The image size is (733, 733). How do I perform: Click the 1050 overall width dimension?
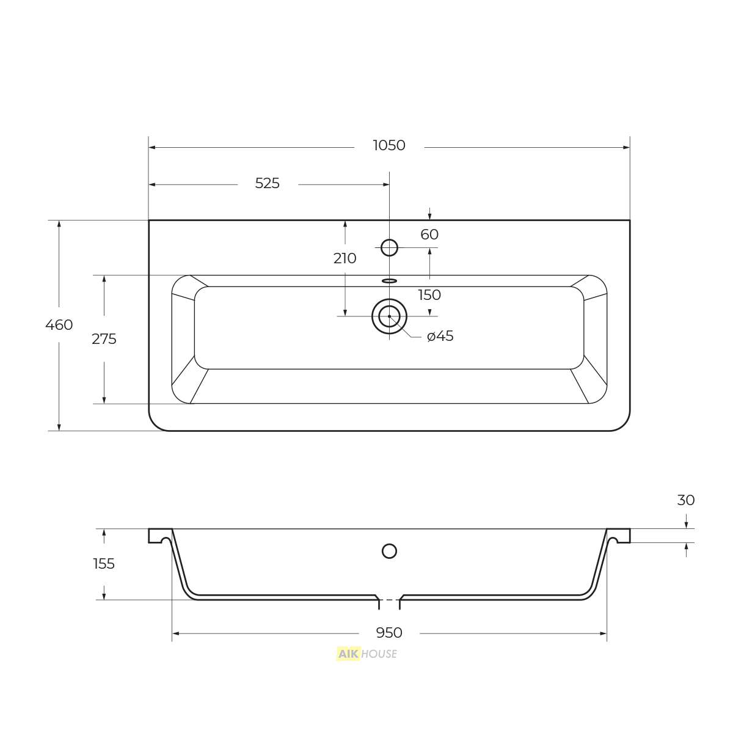(x=388, y=145)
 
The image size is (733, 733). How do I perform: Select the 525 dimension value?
(x=267, y=183)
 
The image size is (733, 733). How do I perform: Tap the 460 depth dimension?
(x=59, y=325)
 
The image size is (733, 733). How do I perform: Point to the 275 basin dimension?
(x=104, y=339)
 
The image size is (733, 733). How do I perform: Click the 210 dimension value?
(x=345, y=258)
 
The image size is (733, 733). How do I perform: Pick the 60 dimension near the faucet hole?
(x=429, y=235)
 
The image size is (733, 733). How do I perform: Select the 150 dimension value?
(x=429, y=295)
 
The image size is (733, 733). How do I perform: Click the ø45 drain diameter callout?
(x=440, y=336)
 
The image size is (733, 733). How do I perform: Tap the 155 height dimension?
(x=104, y=564)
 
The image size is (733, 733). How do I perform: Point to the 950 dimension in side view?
(x=388, y=633)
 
